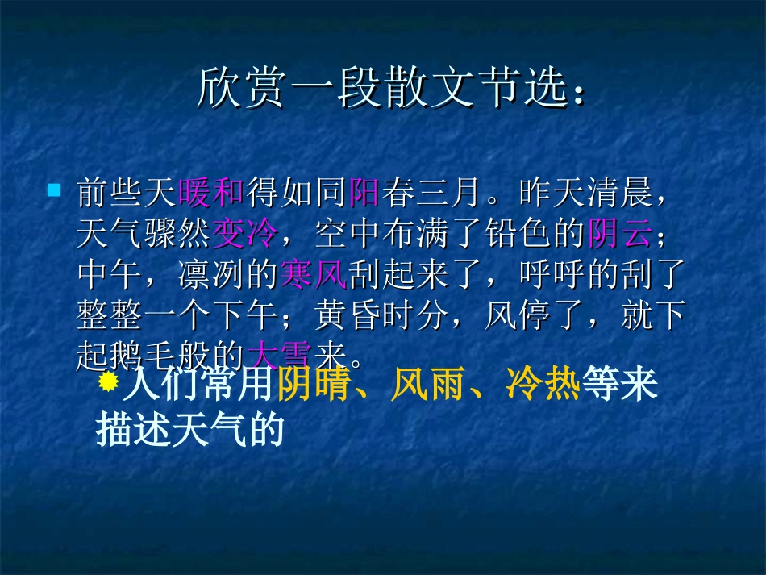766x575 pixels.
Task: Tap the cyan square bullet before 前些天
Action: (x=55, y=191)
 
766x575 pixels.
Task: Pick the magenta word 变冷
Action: (x=245, y=235)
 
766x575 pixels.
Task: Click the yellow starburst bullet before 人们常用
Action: (x=108, y=381)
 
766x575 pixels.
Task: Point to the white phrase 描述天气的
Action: (x=190, y=431)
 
